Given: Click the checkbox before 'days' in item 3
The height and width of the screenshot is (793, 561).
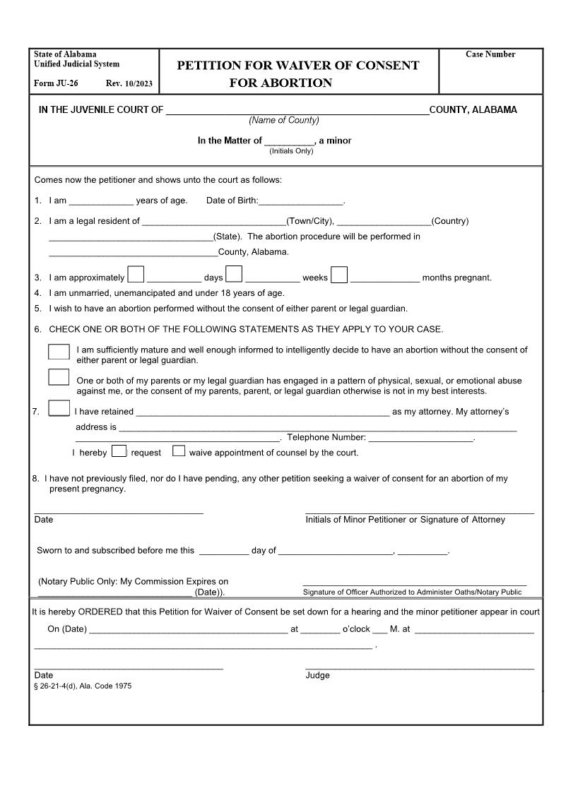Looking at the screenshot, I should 136,274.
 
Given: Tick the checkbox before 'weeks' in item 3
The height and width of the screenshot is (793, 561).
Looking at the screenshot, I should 234,274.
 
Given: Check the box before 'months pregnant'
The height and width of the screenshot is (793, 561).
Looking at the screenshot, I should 339,274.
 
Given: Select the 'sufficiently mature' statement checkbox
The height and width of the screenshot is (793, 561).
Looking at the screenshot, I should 59,352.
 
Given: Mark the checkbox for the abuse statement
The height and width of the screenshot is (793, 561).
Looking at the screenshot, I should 59,377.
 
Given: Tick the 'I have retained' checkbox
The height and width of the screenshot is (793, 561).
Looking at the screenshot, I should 59,408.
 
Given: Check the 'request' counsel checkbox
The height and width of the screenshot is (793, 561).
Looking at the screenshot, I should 119,451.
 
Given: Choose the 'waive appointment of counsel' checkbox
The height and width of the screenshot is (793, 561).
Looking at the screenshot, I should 179,451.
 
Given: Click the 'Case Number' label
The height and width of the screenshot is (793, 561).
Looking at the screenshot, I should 490,54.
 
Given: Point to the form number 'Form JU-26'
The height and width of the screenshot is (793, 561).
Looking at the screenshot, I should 56,83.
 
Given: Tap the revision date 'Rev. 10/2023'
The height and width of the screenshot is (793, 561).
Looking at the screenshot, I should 129,83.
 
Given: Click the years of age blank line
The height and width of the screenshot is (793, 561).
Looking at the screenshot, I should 100,201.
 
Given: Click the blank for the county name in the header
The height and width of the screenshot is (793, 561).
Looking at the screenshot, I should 297,109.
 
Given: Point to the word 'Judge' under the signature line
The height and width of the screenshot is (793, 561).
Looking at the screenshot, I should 317,675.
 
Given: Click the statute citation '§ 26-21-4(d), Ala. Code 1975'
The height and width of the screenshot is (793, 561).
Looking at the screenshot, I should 83,686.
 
